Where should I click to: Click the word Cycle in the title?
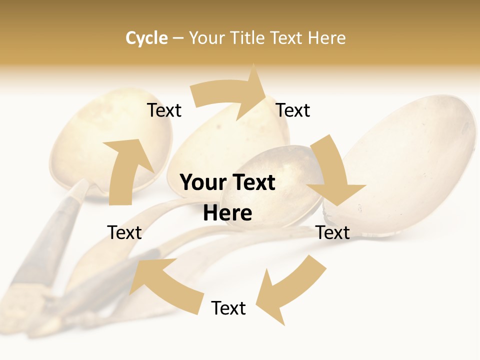[146, 38]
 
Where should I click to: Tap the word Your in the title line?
[207, 38]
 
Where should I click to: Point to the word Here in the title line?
[326, 38]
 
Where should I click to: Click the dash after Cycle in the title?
[178, 38]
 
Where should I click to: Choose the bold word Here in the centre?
[227, 213]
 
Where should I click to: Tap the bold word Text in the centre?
[252, 182]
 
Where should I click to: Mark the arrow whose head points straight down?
[332, 175]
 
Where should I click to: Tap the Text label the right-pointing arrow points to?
[293, 110]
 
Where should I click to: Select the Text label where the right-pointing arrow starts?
[164, 110]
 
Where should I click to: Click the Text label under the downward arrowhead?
[333, 232]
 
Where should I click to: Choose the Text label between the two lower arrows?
[228, 308]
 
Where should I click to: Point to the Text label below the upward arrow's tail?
[124, 232]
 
